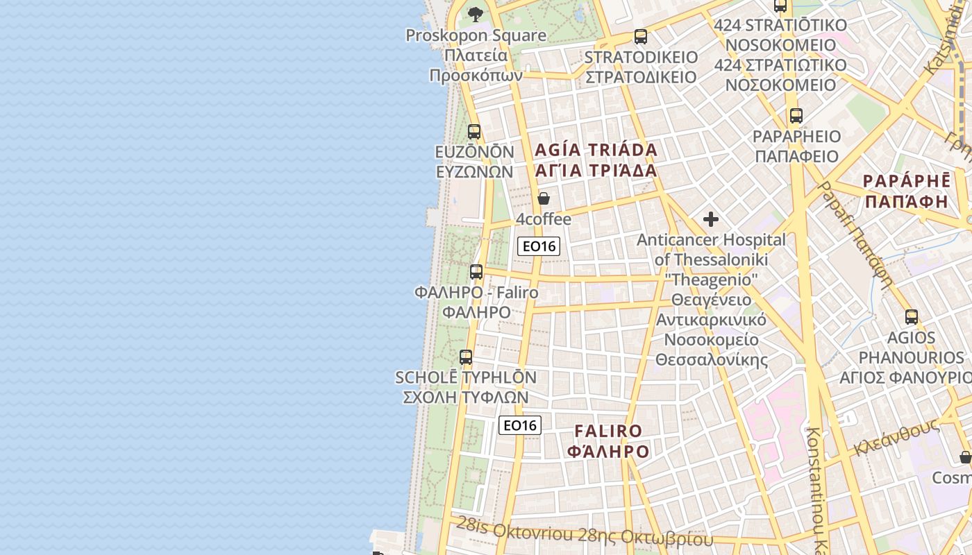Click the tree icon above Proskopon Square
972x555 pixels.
pyautogui.click(x=476, y=13)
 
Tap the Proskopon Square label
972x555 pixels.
pyautogui.click(x=476, y=35)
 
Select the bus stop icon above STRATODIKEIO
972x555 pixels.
pyautogui.click(x=641, y=36)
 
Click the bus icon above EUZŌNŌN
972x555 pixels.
pyautogui.click(x=474, y=131)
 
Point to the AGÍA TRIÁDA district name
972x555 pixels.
pyautogui.click(x=596, y=150)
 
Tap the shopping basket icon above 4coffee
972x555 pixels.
pyautogui.click(x=544, y=198)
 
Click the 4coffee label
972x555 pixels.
pyautogui.click(x=544, y=219)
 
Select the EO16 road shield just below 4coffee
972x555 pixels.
pyautogui.click(x=539, y=246)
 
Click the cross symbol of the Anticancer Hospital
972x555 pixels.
pyautogui.click(x=711, y=219)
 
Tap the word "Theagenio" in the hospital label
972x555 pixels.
pyautogui.click(x=711, y=279)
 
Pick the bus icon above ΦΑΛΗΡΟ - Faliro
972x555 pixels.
pyautogui.click(x=476, y=271)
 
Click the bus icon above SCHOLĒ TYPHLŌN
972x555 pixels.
pyautogui.click(x=466, y=357)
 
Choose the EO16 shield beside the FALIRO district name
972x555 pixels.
pyautogui.click(x=520, y=425)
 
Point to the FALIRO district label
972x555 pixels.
pyautogui.click(x=608, y=432)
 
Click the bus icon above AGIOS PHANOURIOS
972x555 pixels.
pyautogui.click(x=912, y=317)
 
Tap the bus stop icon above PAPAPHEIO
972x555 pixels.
pyautogui.click(x=796, y=116)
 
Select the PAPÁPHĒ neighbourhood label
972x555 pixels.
pyautogui.click(x=906, y=181)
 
